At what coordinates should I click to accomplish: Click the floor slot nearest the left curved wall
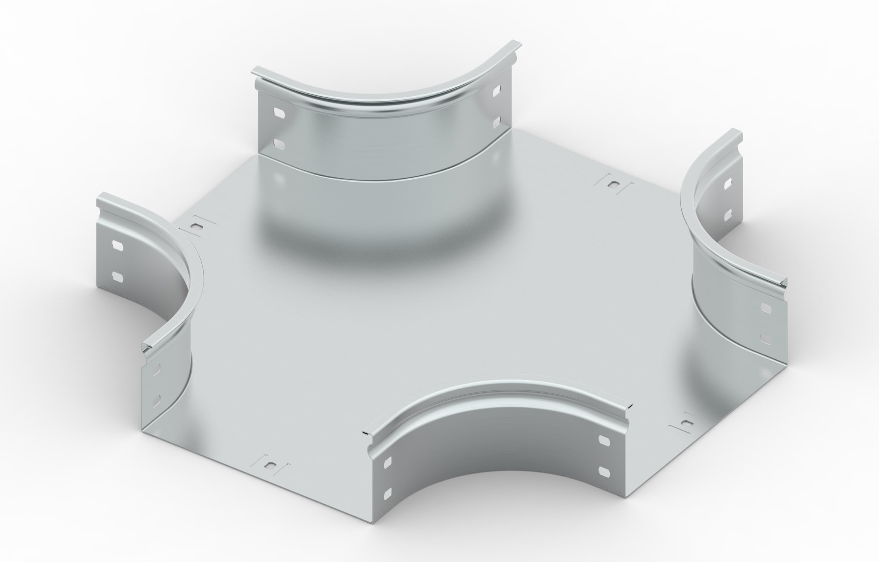pos(196,226)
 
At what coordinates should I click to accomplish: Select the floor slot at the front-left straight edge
pos(269,466)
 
